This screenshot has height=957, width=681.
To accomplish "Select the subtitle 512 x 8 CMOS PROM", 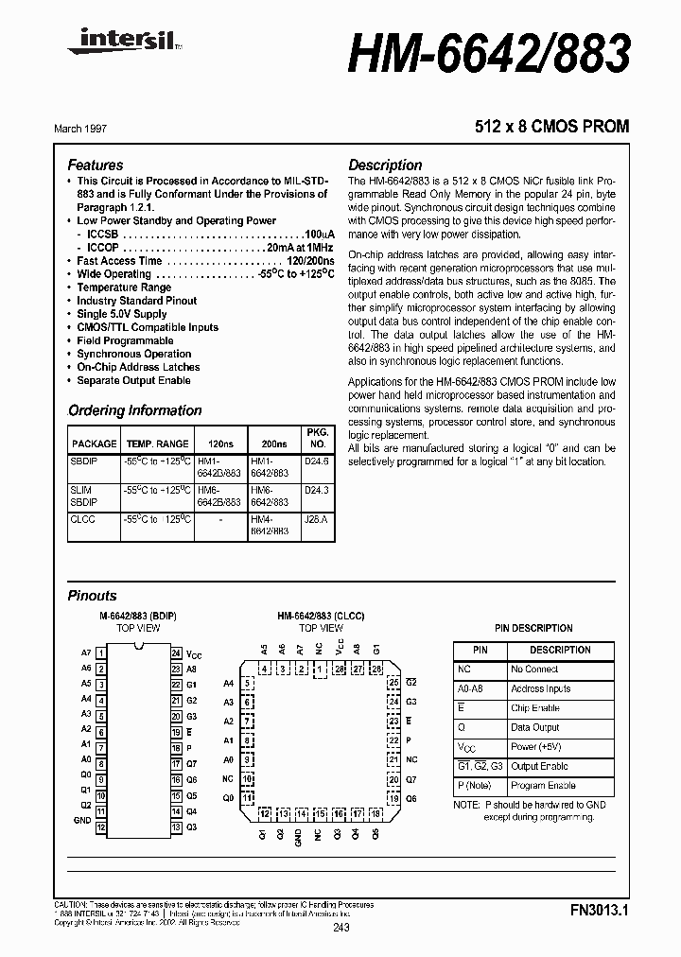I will (551, 127).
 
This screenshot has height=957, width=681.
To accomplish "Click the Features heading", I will (96, 165).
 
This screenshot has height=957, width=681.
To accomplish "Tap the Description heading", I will (385, 165).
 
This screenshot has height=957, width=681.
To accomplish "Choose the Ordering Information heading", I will (134, 410).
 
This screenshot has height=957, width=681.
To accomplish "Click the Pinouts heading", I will (93, 596).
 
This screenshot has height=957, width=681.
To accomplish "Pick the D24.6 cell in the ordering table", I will (318, 461).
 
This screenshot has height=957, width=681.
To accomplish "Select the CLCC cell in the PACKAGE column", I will (82, 519).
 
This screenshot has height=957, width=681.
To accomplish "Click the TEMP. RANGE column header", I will (158, 444).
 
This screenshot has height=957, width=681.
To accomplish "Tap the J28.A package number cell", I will (318, 519).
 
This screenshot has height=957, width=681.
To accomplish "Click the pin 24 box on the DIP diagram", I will (176, 653).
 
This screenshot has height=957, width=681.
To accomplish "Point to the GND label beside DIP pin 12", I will (83, 821).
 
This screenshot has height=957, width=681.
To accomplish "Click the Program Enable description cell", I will (544, 786).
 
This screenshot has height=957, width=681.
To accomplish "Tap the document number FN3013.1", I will (600, 912).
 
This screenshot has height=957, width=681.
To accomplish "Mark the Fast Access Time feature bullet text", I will (119, 261).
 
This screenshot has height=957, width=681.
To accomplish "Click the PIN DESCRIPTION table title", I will (533, 628).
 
